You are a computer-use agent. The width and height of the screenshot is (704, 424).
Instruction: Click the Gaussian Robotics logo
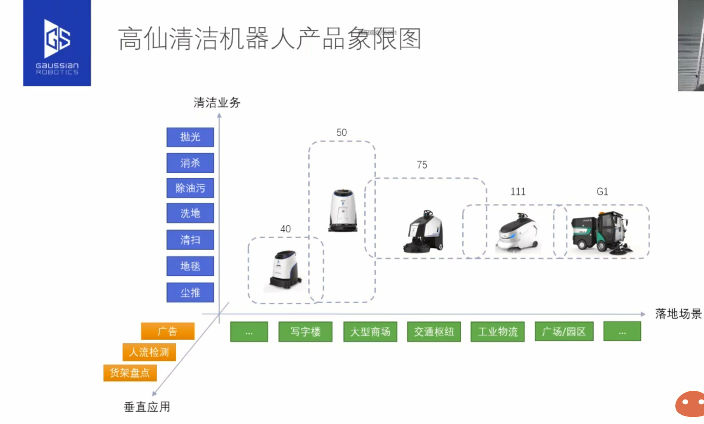click(57, 43)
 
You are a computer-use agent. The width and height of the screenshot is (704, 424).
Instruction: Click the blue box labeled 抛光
click(190, 137)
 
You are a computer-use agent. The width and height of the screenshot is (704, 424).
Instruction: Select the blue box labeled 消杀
click(190, 163)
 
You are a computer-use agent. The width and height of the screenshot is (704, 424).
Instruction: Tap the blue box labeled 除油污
click(190, 188)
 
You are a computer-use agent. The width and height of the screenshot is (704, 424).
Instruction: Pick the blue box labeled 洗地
click(190, 213)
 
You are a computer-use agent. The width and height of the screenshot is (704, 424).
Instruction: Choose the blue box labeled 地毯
click(190, 266)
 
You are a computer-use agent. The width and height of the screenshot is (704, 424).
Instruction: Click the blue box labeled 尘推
click(190, 292)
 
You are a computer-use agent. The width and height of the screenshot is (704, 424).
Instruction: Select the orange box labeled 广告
click(168, 331)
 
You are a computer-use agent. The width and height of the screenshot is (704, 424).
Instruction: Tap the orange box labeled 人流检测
click(149, 352)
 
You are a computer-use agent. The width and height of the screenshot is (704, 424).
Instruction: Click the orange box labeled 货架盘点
click(130, 373)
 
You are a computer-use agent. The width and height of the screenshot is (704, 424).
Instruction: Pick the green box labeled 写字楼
click(305, 331)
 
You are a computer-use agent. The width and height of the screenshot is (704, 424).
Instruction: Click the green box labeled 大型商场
click(370, 331)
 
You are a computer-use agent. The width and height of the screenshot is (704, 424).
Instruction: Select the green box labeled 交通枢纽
click(434, 331)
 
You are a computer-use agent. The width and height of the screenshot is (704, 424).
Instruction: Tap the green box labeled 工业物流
click(497, 331)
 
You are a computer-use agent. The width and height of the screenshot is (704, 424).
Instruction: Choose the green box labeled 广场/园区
click(564, 331)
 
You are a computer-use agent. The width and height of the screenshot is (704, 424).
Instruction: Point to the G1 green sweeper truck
click(600, 232)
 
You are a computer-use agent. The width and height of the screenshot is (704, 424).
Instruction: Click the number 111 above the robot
click(518, 192)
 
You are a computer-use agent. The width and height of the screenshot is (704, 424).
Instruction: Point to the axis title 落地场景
click(678, 314)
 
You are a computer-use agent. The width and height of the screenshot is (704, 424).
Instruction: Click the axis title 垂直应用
click(147, 407)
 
